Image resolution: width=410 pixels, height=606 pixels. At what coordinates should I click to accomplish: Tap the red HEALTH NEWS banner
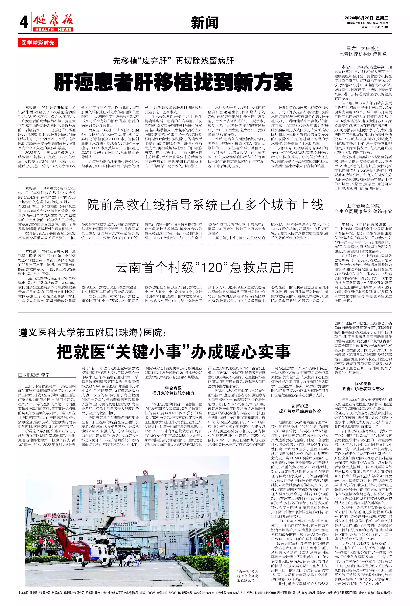click(53, 29)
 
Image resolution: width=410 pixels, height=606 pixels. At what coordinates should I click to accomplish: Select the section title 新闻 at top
click(205, 23)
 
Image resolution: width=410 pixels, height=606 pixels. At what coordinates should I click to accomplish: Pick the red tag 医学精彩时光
click(38, 43)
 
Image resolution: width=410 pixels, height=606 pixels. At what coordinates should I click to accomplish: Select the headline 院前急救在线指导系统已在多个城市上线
click(205, 205)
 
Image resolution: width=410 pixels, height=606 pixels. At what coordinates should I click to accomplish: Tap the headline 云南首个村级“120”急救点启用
click(205, 267)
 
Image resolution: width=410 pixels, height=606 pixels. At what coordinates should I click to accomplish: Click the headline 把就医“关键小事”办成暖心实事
click(174, 351)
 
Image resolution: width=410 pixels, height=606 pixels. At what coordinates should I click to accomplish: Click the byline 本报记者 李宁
click(34, 375)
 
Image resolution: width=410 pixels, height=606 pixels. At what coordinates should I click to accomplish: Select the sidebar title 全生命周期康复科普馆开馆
click(363, 212)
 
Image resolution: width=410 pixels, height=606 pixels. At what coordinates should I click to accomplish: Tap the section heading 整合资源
click(173, 388)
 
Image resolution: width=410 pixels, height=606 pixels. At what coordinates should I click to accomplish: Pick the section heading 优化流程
click(363, 384)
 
